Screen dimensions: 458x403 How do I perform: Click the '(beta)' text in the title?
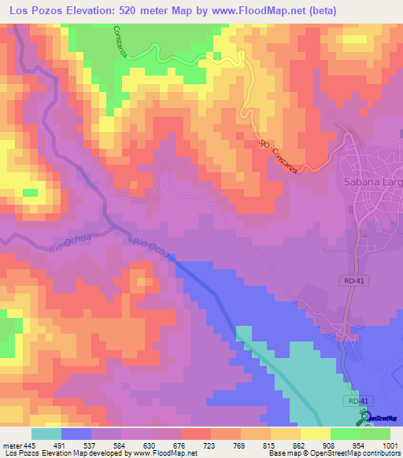340,11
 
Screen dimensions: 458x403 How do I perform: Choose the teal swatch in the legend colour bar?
46,434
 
